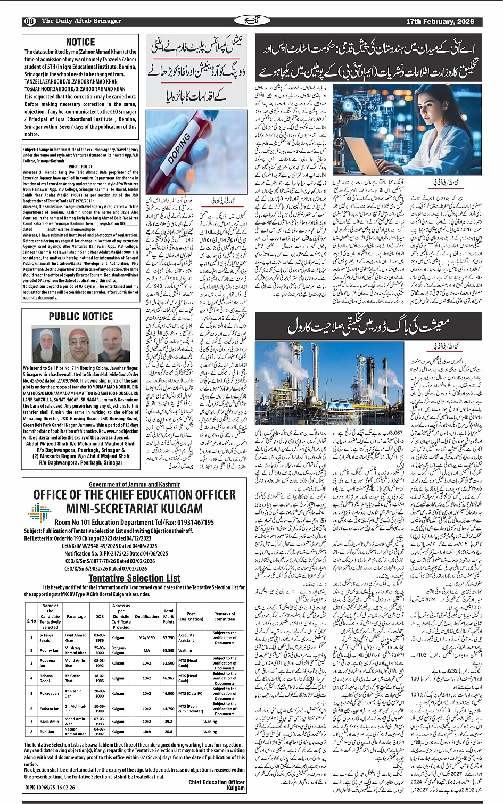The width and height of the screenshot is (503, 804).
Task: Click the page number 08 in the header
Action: (29, 21)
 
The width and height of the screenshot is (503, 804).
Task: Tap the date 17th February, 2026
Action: (440, 21)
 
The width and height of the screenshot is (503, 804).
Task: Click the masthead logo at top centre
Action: (251, 21)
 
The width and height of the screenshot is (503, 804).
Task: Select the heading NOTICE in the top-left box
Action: (80, 42)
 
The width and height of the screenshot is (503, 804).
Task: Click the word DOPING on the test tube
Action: (179, 148)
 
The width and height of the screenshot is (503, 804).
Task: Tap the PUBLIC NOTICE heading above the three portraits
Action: (81, 317)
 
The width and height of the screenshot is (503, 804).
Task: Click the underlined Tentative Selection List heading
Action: (134, 578)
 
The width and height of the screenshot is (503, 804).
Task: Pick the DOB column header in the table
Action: (100, 616)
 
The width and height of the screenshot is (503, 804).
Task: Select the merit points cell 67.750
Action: (169, 637)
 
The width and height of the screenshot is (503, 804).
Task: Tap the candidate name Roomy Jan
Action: (49, 650)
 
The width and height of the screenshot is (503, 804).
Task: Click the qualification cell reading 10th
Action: (146, 732)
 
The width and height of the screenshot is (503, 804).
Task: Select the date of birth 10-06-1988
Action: (100, 709)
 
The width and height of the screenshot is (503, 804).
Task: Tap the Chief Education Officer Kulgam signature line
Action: (216, 785)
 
